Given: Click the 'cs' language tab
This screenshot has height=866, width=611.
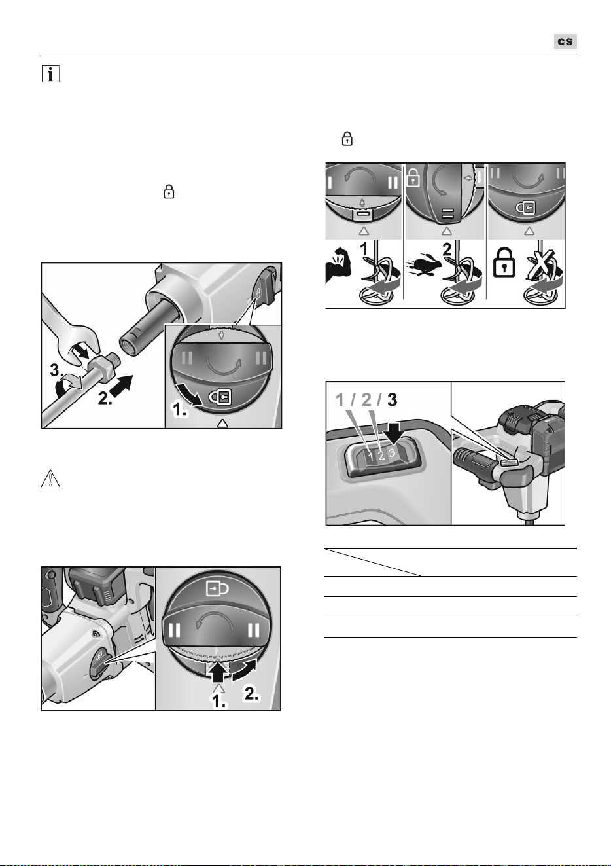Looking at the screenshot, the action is coord(565,41).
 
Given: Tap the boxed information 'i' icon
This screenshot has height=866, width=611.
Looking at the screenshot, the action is coord(50,74).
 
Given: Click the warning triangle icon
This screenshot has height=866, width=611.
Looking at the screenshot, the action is coord(50,478).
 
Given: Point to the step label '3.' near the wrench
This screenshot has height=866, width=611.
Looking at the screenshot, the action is coord(57,370).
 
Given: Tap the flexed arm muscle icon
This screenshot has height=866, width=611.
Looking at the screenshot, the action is coord(338,266).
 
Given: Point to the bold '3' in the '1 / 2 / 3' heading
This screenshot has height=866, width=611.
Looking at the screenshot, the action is coord(392,400).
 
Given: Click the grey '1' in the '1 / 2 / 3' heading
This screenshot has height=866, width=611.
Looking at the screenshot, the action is coord(340,400).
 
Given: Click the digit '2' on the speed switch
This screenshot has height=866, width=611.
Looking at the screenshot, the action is coord(381,456).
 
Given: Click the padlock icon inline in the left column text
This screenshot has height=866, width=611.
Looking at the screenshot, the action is coord(169,191).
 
